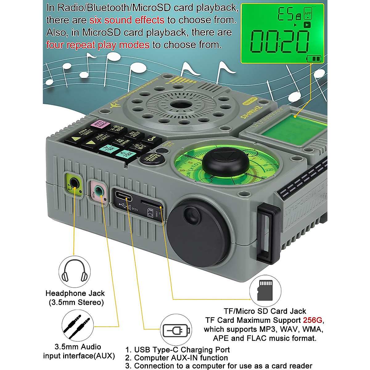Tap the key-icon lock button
(x=151, y=139)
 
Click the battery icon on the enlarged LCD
(x=314, y=59)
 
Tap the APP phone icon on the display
(x=308, y=14)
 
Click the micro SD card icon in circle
(x=265, y=290)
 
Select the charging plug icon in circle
(x=176, y=331)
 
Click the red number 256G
(x=313, y=320)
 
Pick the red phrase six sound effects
(x=127, y=20)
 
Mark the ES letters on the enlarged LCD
(x=285, y=14)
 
